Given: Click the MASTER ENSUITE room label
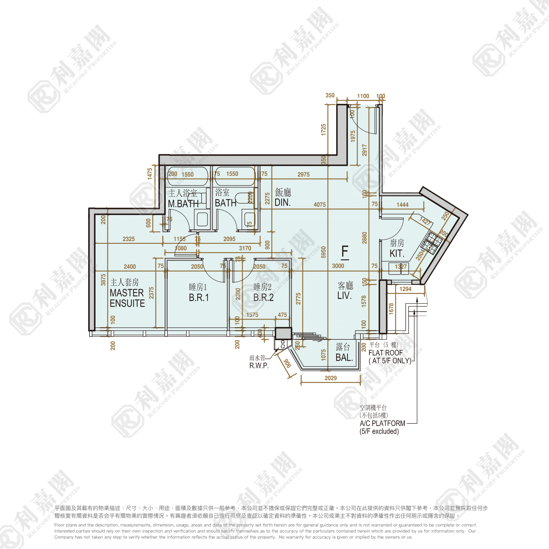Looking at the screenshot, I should tap(127, 298).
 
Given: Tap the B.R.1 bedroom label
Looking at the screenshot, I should tap(199, 297).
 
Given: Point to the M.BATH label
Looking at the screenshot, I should tap(183, 203).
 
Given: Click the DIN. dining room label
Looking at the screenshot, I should tap(282, 203).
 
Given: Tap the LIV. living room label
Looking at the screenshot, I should tap(344, 295).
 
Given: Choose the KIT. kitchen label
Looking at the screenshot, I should tap(397, 253).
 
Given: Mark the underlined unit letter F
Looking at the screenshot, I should tap(345, 252).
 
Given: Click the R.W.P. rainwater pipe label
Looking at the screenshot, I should tap(259, 365).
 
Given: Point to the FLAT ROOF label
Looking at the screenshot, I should tap(385, 353).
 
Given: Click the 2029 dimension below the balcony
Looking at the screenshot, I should tap(330, 378).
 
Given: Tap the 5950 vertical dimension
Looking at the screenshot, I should tap(323, 252).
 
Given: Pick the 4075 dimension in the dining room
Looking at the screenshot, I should tap(319, 205).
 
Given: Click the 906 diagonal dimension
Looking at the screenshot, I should tap(287, 363).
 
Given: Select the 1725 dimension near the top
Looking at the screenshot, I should tap(323, 130).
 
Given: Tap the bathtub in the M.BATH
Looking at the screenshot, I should tap(188, 176).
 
